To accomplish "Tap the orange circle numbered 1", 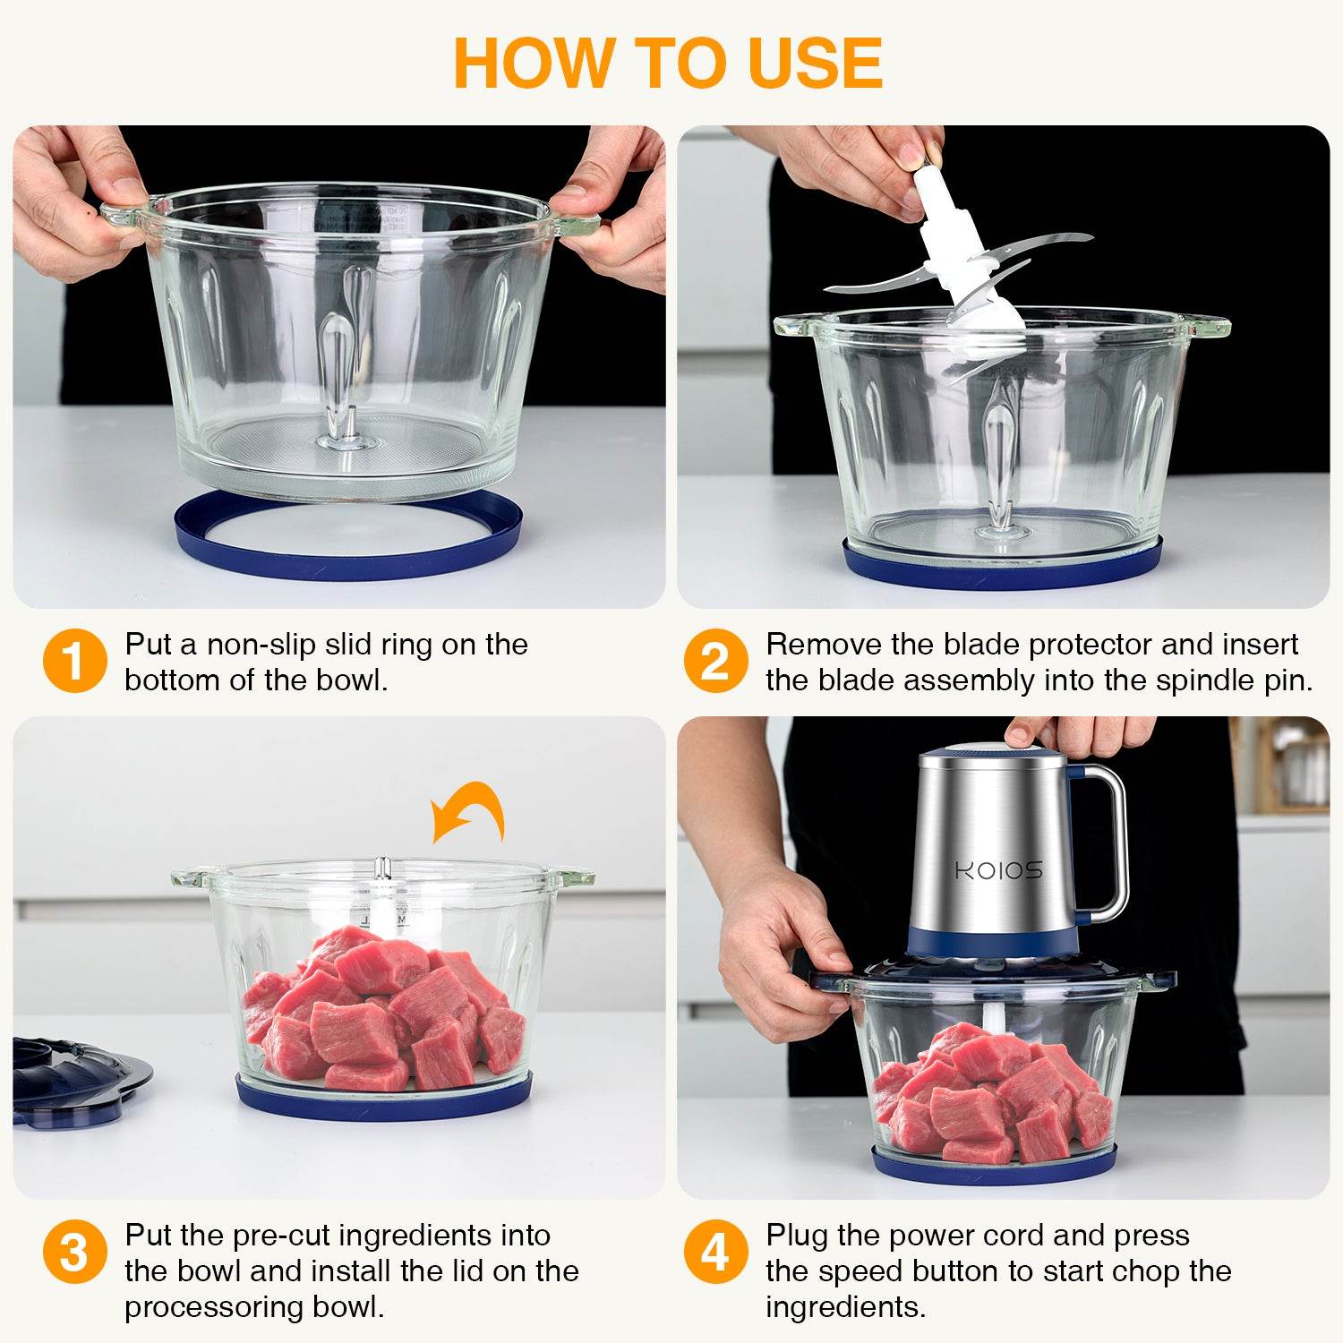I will (x=74, y=661).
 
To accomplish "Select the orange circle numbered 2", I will (x=714, y=661).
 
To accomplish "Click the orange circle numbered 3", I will (x=74, y=1252).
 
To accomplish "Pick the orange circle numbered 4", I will (x=714, y=1252).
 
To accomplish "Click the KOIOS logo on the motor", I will (x=997, y=870).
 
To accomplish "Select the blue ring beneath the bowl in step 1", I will (x=347, y=537).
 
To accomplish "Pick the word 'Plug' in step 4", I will (x=797, y=1236).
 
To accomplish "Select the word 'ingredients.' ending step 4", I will (x=845, y=1307).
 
